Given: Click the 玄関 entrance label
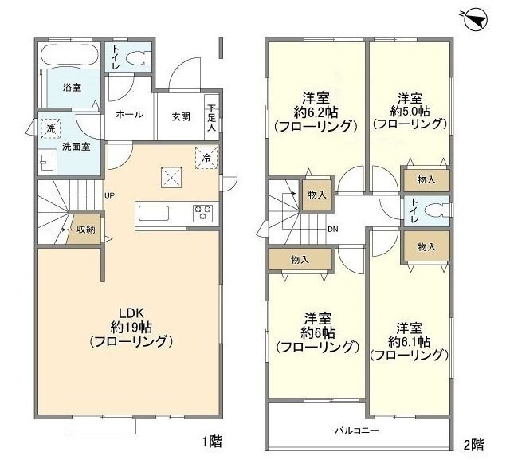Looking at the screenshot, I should click(x=181, y=116).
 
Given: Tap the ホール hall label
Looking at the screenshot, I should click(x=130, y=115).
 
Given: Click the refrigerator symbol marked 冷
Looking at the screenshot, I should click(x=206, y=157).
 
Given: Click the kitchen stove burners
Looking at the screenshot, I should click(x=202, y=213).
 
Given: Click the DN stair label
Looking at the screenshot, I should click(x=333, y=230).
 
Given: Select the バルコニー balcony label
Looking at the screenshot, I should click(x=356, y=431).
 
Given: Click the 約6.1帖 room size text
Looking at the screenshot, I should click(x=409, y=341).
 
